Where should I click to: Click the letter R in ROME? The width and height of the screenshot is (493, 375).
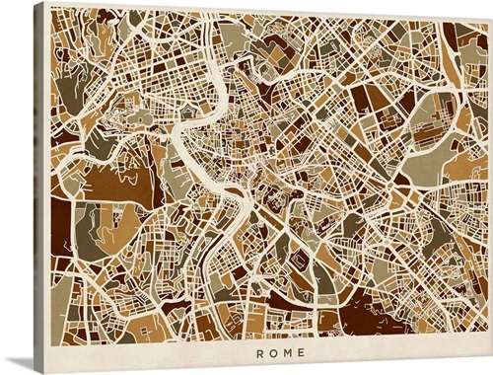click(x=260, y=352)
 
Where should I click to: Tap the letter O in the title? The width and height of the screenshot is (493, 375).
click(x=273, y=352)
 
